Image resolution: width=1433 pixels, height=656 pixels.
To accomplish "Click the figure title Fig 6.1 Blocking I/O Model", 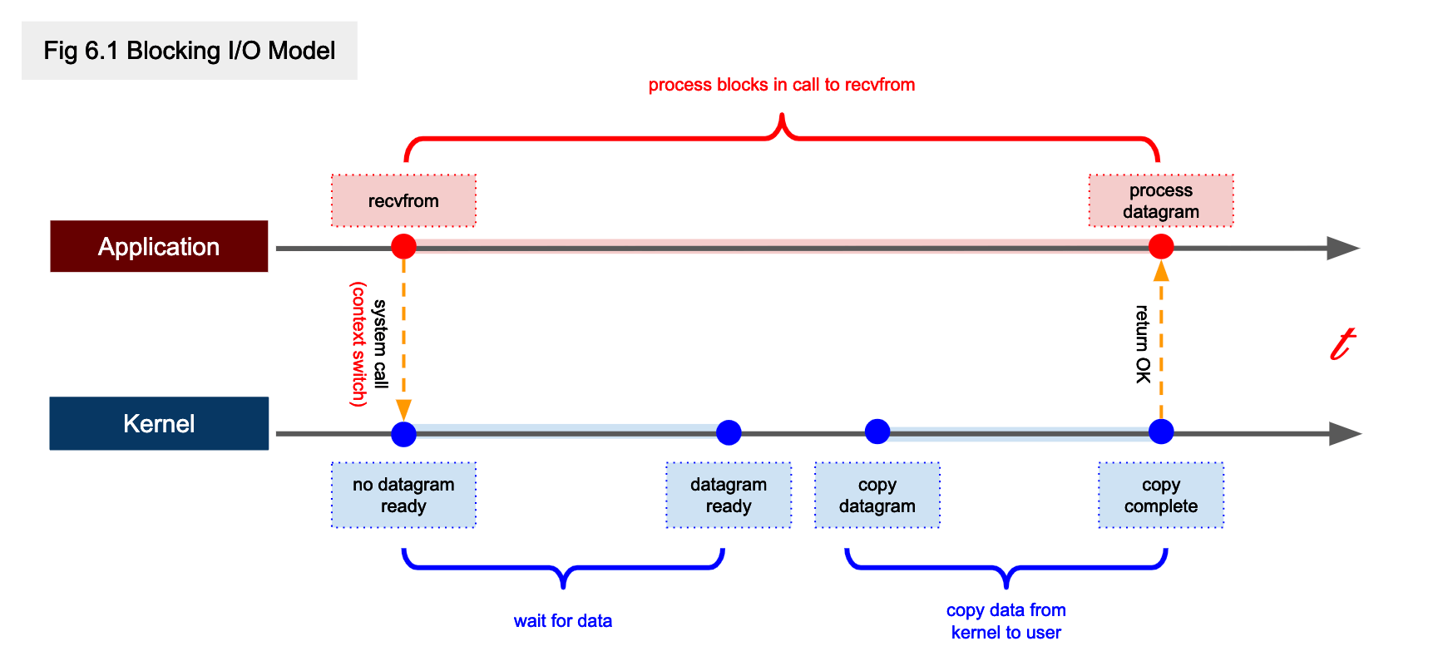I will (189, 51).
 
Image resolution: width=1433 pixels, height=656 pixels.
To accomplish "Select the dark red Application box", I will (159, 246).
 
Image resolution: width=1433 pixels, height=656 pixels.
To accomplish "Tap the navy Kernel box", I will (159, 423).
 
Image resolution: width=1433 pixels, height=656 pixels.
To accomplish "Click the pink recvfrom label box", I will (403, 200).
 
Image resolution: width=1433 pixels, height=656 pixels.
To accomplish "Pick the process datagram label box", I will (1160, 200).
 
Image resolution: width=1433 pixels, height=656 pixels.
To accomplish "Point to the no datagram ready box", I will (403, 495).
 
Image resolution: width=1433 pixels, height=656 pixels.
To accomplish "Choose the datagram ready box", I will (729, 495).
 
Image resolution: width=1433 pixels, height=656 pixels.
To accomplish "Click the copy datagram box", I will (877, 495).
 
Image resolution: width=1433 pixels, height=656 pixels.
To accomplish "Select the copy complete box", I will (1160, 495).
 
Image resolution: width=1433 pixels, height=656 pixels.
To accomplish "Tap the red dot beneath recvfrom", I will (403, 246).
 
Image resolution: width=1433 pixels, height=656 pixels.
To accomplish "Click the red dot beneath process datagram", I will (1160, 246).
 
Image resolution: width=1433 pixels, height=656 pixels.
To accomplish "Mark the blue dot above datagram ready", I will (729, 432).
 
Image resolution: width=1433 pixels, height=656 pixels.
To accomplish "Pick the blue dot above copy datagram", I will (877, 431).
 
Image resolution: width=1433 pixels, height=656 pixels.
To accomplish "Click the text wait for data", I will (562, 620).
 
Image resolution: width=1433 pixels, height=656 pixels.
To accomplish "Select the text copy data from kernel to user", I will (1006, 621).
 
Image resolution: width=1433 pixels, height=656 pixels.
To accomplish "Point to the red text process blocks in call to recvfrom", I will (781, 85).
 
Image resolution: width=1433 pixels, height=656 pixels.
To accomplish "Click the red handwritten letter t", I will (1342, 343).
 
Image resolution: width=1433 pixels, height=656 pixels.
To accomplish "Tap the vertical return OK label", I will (1143, 343).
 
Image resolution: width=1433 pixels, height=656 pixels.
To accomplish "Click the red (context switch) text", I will (358, 343).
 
